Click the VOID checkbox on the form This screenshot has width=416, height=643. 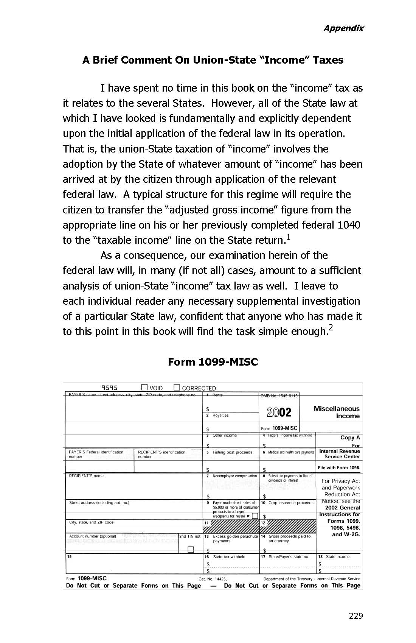(144, 387)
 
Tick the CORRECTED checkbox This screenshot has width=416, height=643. (177, 387)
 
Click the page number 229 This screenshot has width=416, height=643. (356, 616)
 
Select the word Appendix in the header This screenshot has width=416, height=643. (343, 28)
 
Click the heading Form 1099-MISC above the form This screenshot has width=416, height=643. (213, 362)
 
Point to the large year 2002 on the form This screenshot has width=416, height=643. (279, 412)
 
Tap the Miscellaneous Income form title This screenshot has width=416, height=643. (337, 412)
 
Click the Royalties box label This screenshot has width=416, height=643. (220, 416)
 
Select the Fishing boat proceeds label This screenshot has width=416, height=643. (232, 452)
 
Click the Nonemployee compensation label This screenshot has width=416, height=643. (234, 476)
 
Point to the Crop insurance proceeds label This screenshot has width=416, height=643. (291, 503)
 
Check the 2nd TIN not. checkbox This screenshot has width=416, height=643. (191, 550)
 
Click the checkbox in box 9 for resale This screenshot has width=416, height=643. (255, 516)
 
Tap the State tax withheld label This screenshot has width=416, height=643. (229, 557)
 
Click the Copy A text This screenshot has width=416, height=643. (350, 437)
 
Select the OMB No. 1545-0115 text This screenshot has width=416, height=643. (279, 396)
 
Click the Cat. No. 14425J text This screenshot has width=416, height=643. (213, 579)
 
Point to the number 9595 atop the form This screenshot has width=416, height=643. (109, 388)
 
